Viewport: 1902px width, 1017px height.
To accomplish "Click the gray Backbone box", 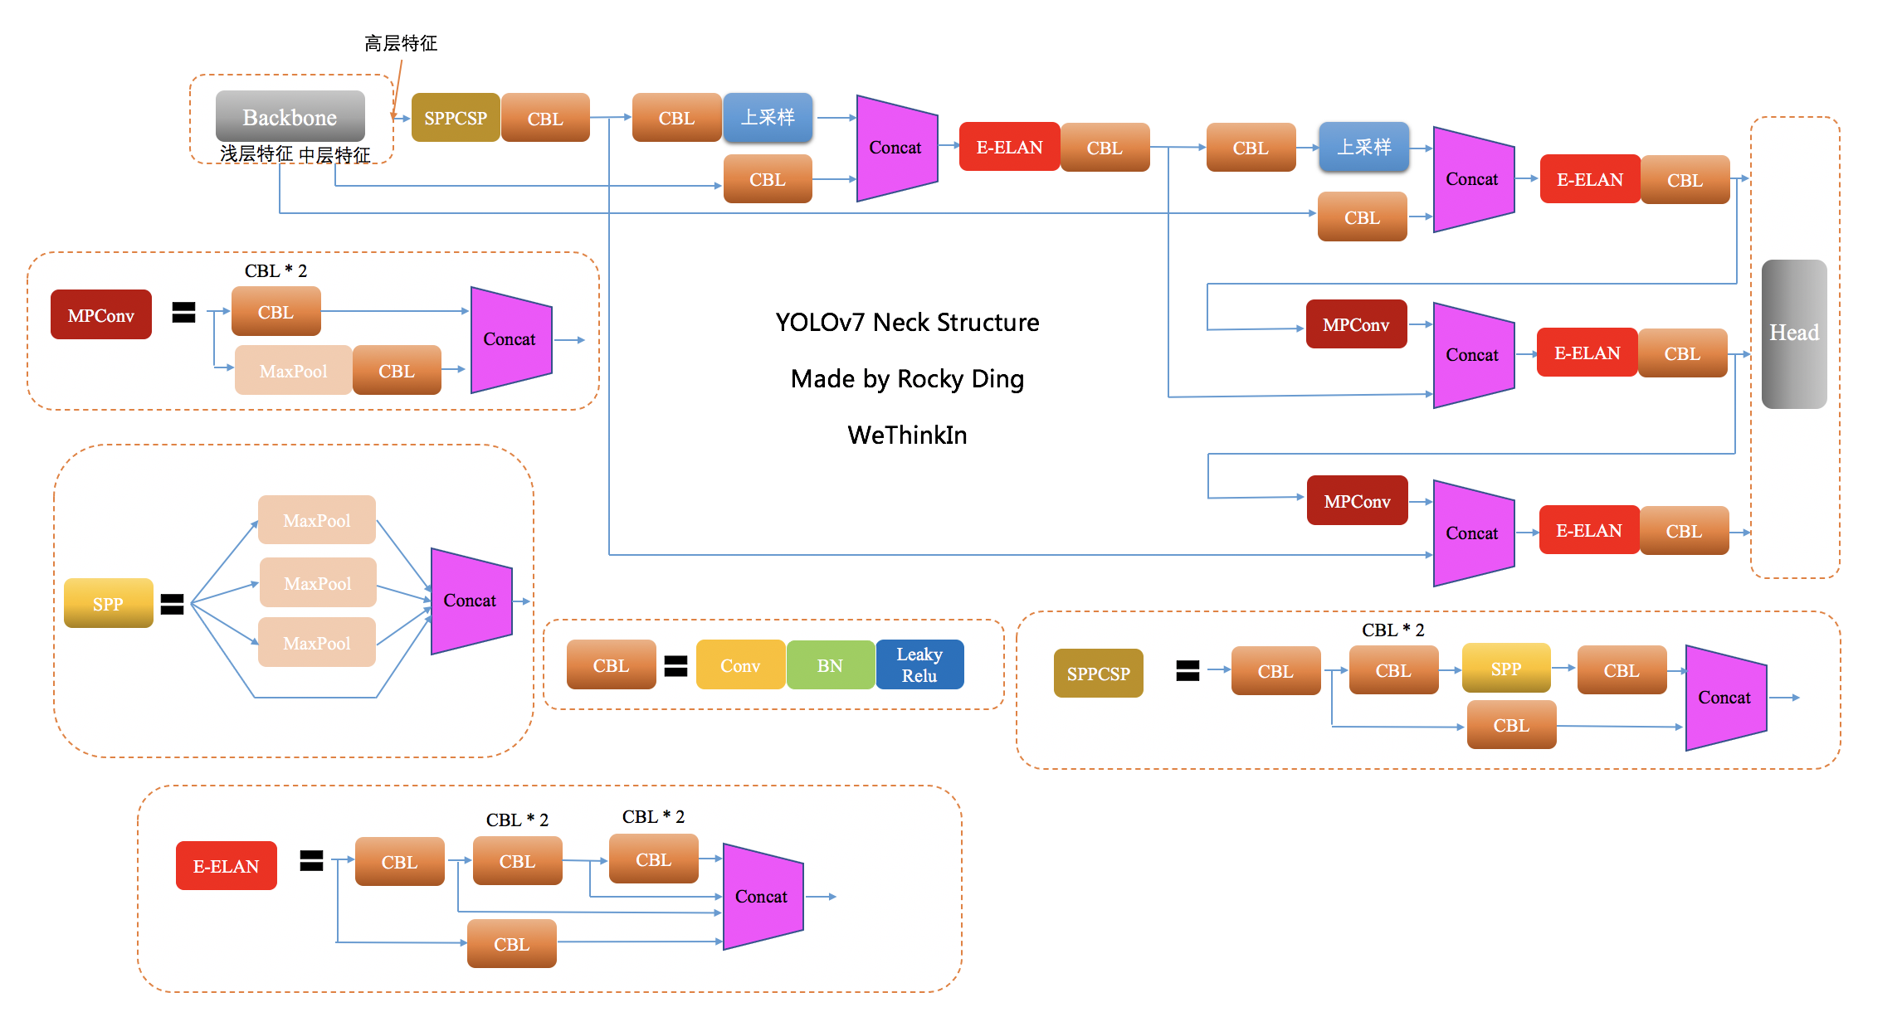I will (x=290, y=117).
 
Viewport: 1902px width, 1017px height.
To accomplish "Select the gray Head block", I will (x=1793, y=333).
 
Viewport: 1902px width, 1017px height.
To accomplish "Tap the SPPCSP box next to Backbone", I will (x=455, y=118).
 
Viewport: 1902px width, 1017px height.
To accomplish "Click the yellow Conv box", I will (x=739, y=665).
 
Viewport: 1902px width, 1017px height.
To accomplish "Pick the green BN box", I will (x=829, y=665).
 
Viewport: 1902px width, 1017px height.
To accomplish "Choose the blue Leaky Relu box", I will (x=919, y=665).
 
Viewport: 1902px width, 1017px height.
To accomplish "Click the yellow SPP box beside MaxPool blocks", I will (x=108, y=603).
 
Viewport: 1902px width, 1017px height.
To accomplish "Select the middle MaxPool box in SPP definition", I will (x=317, y=583).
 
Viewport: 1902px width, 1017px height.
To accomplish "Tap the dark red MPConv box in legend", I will (x=100, y=315).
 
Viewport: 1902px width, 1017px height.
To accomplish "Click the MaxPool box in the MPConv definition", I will (x=293, y=371).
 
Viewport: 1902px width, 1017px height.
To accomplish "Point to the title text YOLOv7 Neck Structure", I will (x=906, y=322).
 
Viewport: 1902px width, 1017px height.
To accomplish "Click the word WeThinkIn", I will (x=906, y=435).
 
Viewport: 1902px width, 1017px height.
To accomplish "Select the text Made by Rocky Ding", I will (x=906, y=378).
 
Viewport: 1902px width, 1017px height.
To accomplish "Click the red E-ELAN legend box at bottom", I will (x=226, y=866).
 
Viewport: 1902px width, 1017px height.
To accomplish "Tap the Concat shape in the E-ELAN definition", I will (x=762, y=896).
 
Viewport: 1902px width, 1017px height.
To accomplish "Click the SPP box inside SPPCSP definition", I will (x=1505, y=669).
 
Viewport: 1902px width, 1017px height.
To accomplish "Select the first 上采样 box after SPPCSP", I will (x=768, y=118).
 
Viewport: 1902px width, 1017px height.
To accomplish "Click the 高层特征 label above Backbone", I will (x=400, y=43).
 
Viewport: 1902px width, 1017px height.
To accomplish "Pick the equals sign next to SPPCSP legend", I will (x=1188, y=670).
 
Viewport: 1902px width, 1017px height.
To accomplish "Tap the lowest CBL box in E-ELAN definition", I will (x=511, y=944).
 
